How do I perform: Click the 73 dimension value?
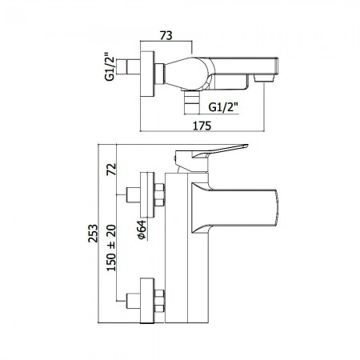pos(166,35)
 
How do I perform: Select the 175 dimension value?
pos(202,126)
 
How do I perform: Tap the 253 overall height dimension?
pos(93,234)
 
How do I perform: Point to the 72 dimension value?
pos(111,169)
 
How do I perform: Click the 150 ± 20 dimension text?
pos(111,248)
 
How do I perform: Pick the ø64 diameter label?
pos(142,230)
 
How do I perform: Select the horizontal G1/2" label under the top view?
pos(223,107)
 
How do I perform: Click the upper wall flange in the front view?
pos(147,195)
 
